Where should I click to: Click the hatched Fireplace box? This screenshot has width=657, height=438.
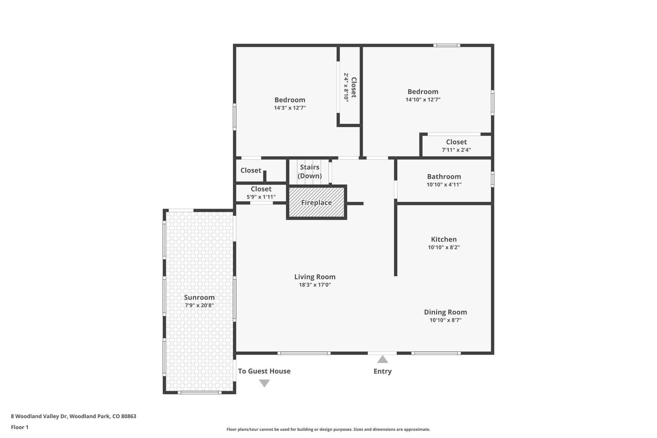click(x=316, y=202)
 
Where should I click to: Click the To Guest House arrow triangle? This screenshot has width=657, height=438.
click(x=264, y=383)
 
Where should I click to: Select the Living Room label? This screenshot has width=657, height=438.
click(x=315, y=277)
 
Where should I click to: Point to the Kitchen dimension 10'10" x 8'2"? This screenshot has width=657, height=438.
click(x=444, y=247)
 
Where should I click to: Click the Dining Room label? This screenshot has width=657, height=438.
click(x=445, y=312)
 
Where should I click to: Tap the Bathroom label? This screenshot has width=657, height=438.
click(x=444, y=177)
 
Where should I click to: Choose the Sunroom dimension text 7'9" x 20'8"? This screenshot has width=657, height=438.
click(x=199, y=305)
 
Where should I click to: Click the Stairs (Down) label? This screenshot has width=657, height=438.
click(x=310, y=172)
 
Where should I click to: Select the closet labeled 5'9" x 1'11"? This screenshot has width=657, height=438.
click(x=261, y=193)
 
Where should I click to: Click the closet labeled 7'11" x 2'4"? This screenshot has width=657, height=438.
click(x=456, y=146)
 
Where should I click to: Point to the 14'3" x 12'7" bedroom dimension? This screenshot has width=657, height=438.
click(x=290, y=108)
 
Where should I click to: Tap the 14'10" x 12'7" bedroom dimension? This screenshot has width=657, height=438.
click(x=423, y=100)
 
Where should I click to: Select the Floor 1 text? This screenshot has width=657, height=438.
click(x=20, y=427)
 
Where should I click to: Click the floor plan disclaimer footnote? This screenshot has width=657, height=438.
click(x=328, y=429)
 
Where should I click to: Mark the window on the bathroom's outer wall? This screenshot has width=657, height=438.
click(x=492, y=179)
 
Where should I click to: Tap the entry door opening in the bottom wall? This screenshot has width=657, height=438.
click(x=382, y=353)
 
